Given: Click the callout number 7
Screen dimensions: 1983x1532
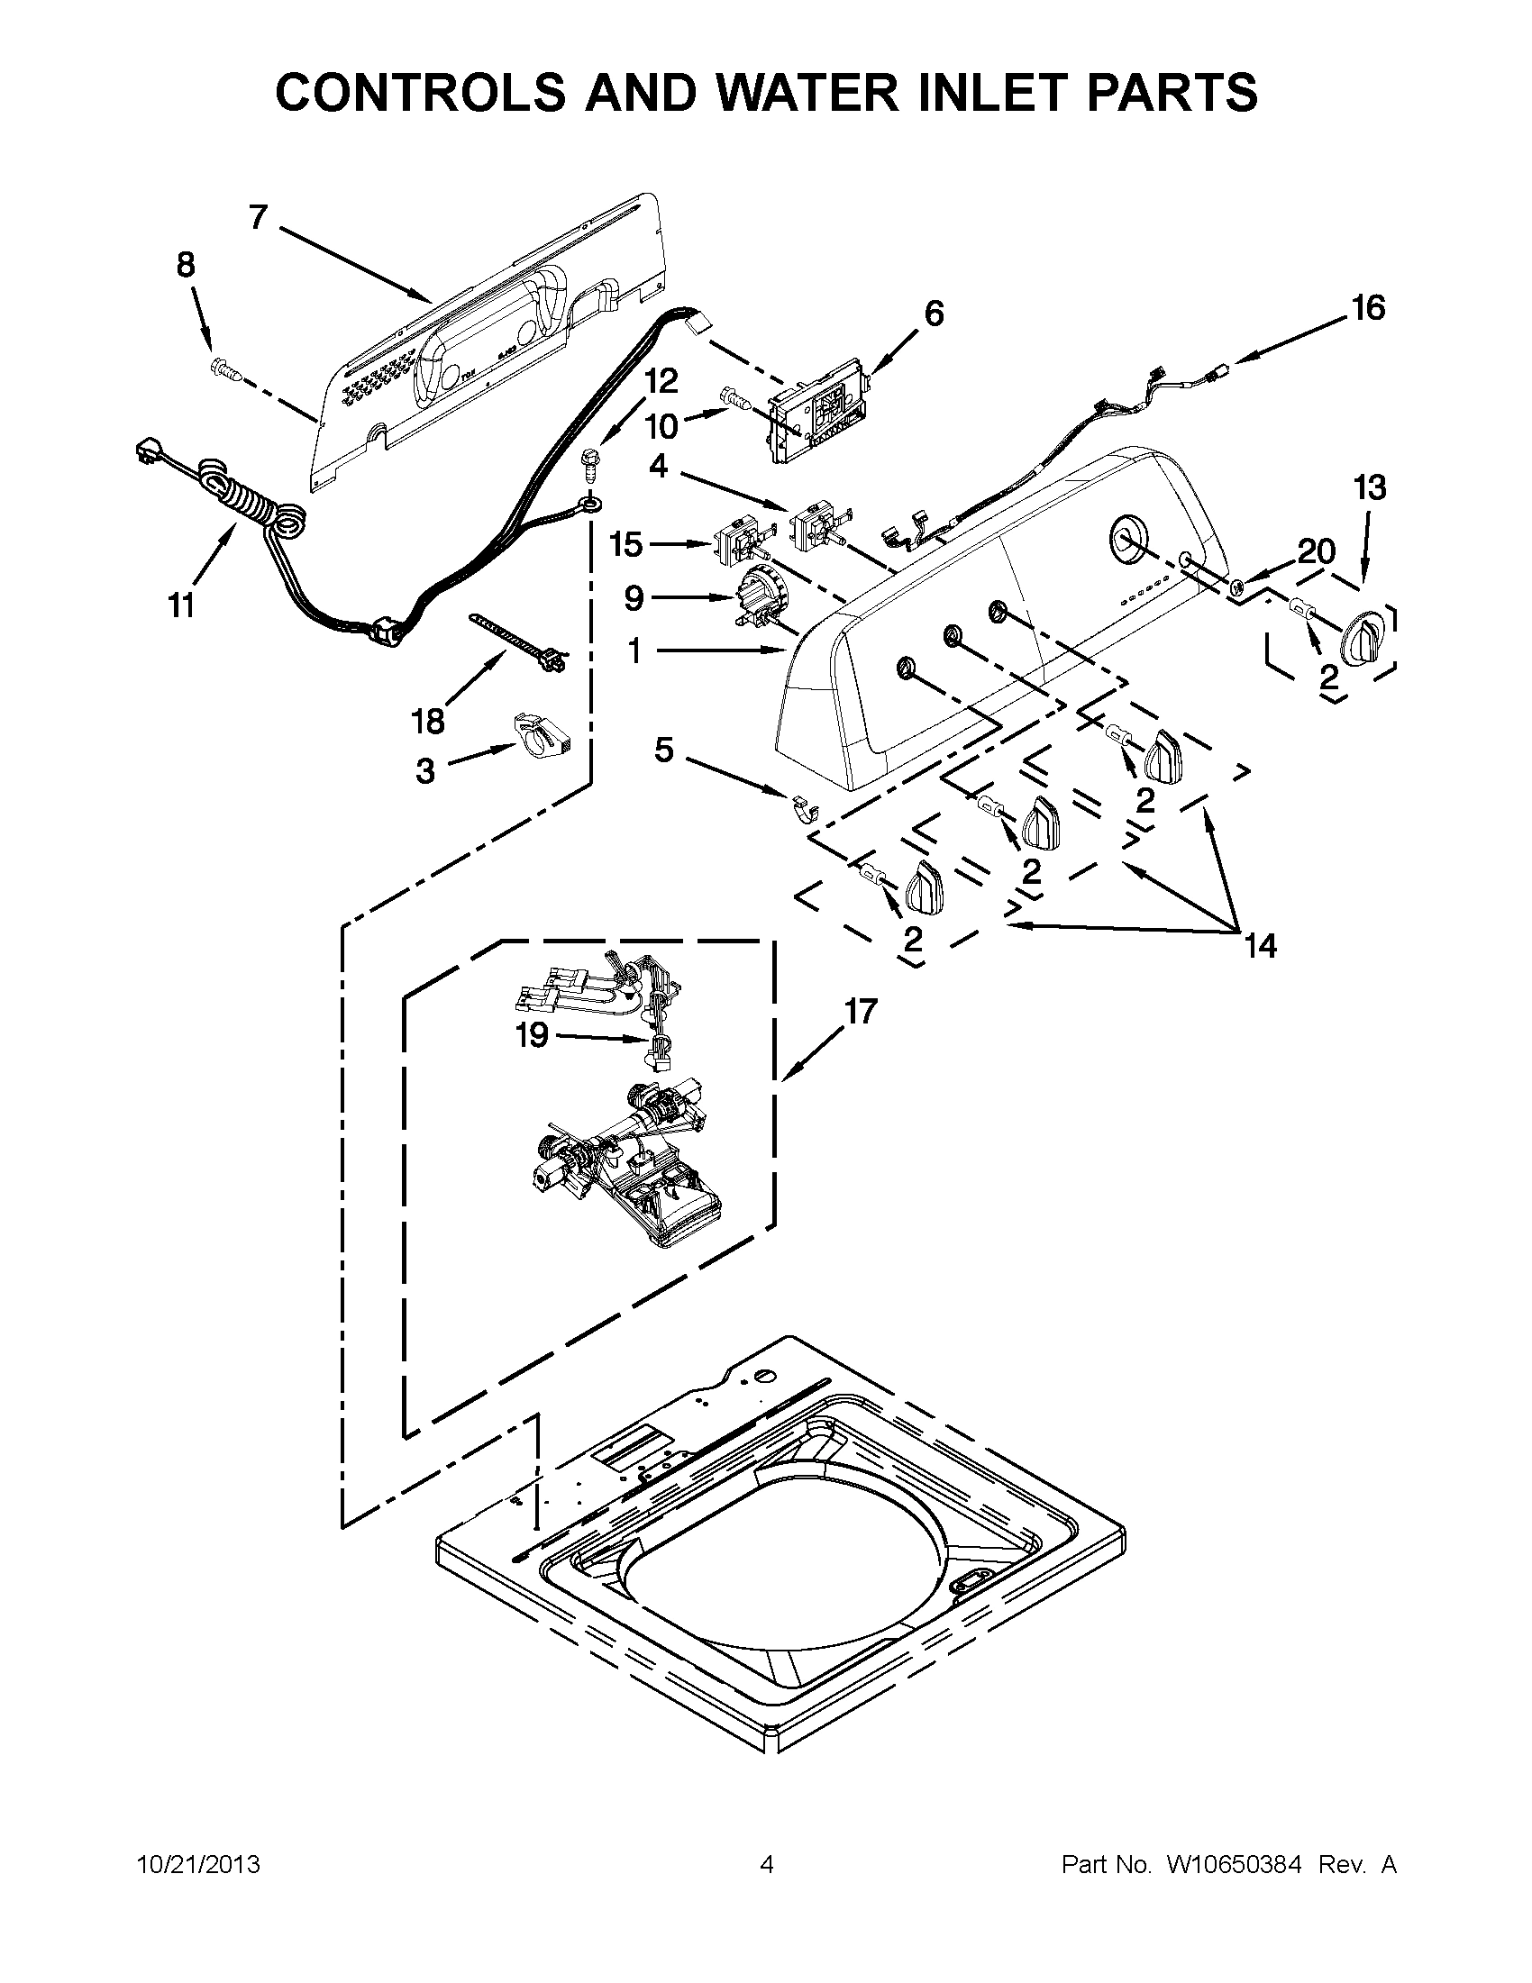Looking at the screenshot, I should [258, 218].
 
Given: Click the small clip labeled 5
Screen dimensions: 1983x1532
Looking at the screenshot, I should [800, 805].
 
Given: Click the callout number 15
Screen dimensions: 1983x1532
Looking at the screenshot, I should [625, 545].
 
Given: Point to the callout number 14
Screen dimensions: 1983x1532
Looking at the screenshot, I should [1262, 946].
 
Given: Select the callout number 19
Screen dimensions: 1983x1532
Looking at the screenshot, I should [533, 1035].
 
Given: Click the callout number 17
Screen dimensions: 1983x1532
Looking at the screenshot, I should [861, 1011].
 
